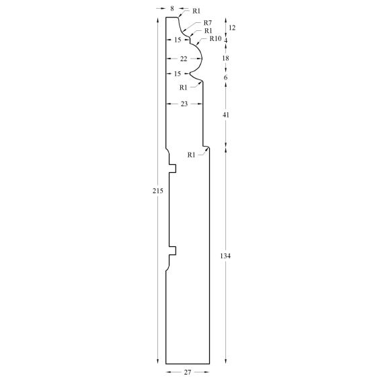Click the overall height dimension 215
(x=158, y=191)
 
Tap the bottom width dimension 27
(x=188, y=372)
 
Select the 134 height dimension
(x=225, y=256)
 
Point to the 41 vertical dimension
(x=226, y=115)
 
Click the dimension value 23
(x=184, y=104)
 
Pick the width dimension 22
(x=184, y=59)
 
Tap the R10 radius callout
(x=215, y=38)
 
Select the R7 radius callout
(x=208, y=23)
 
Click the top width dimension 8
(x=172, y=9)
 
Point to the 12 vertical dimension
(x=232, y=28)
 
